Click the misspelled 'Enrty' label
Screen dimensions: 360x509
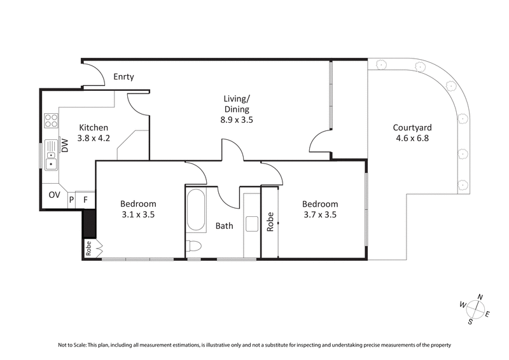tap(123, 77)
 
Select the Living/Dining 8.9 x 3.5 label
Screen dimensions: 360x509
tap(236, 109)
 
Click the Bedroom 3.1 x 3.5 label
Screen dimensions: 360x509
tap(137, 209)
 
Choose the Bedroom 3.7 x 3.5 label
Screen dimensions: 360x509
tap(319, 209)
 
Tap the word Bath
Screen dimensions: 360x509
tap(223, 226)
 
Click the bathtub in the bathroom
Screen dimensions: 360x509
tap(195, 211)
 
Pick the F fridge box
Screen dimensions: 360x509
tap(85, 200)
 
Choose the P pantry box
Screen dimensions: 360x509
tap(71, 200)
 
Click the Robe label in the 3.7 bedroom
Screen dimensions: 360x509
tap(270, 221)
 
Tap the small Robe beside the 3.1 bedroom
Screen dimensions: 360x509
tap(89, 249)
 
